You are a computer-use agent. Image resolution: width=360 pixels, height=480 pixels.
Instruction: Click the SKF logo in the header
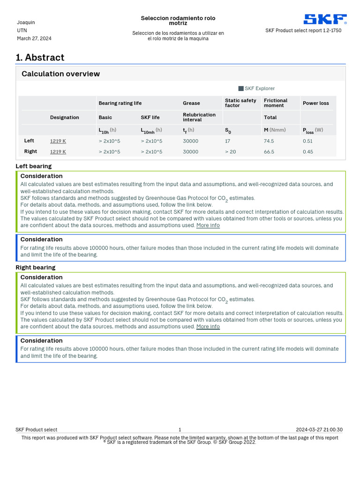325,19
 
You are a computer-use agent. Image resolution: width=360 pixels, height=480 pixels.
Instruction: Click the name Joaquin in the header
26,22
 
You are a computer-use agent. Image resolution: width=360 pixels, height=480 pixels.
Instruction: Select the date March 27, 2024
34,38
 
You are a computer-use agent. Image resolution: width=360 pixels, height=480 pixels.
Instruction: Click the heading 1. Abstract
40,58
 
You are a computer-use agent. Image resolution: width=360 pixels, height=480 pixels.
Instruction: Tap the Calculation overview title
60,74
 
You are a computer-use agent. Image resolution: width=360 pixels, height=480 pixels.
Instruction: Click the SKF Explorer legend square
241,89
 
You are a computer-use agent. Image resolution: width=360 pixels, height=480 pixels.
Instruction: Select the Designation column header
65,117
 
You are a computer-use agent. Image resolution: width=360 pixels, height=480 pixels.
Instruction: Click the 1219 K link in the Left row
58,141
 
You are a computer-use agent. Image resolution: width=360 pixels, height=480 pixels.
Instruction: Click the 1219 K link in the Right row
58,152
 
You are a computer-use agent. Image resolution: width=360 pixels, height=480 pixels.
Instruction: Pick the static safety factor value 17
227,141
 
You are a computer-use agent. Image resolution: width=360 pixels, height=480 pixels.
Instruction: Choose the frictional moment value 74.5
269,141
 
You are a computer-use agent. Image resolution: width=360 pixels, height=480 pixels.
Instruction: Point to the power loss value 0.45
308,152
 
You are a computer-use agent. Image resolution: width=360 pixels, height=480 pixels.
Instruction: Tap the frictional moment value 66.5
269,152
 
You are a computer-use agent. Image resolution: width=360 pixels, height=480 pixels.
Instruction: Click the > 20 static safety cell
231,152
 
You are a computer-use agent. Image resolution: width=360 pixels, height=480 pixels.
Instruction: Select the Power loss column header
316,103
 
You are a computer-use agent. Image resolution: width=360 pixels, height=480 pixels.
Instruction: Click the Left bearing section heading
34,166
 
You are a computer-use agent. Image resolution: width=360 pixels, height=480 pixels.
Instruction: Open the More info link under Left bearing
208,225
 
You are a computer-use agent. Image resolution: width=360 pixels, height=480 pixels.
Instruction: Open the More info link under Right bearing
208,327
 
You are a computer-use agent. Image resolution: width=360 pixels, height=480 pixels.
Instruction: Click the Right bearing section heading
36,268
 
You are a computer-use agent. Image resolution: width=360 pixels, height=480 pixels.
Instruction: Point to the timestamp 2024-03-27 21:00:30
319,430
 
